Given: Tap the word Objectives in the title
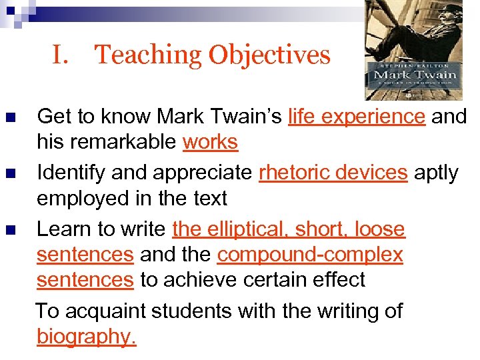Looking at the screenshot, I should (x=269, y=55).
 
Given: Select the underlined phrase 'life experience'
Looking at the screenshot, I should (x=357, y=117).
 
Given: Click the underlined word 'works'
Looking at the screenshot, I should (x=210, y=142).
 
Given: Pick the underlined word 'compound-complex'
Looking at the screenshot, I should (x=310, y=255).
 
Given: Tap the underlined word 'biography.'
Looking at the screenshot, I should (x=87, y=337).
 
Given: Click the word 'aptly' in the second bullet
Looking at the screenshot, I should (x=436, y=173).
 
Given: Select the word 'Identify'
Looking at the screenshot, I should (x=71, y=173).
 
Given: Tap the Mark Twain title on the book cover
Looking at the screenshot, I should (x=415, y=75).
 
